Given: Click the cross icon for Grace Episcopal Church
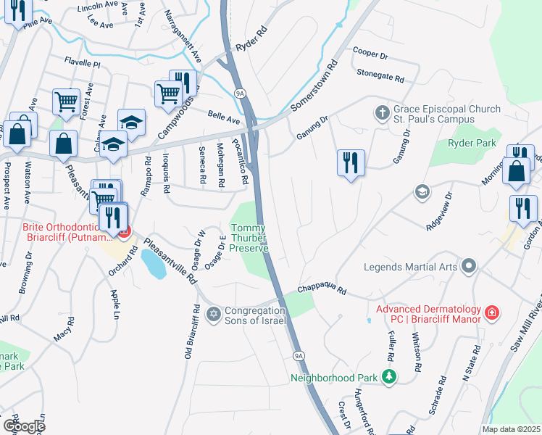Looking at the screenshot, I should [x=382, y=113].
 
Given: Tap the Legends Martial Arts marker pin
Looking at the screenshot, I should [x=469, y=267].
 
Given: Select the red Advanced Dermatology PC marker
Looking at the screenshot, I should [x=493, y=312].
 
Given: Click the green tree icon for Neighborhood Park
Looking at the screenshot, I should [x=389, y=377].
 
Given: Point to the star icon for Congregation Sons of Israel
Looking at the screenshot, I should [x=213, y=314].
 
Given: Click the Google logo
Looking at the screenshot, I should [x=23, y=426].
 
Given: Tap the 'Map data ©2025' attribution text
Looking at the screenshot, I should [x=512, y=429].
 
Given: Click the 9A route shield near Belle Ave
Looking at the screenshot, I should [x=241, y=92].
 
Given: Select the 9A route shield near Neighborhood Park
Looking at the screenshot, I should [x=299, y=356].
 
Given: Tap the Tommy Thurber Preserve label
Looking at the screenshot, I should [x=250, y=239].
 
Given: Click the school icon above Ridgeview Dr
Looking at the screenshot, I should [x=420, y=191].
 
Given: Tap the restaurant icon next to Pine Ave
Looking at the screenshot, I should [x=18, y=10].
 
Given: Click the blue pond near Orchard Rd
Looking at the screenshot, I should [x=154, y=265].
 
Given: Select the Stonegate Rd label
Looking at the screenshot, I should [x=380, y=75].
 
